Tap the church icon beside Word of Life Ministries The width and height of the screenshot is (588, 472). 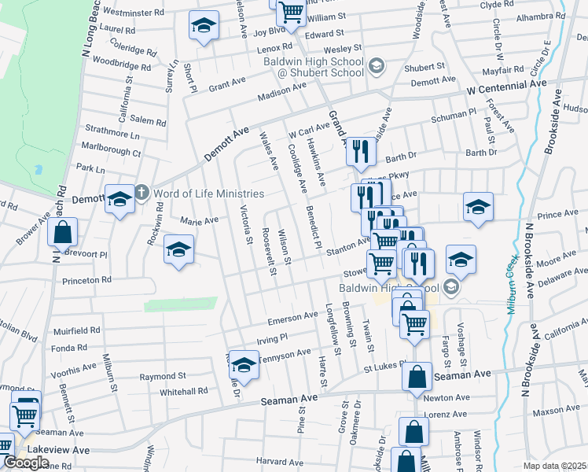pyautogui.click(x=141, y=192)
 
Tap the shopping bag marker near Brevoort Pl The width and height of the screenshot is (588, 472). pyautogui.click(x=63, y=233)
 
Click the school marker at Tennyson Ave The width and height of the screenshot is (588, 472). pyautogui.click(x=244, y=365)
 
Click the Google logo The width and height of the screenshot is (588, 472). pyautogui.click(x=26, y=463)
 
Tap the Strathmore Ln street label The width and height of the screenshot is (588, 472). pyautogui.click(x=112, y=133)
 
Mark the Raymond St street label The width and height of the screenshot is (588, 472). pyautogui.click(x=163, y=377)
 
